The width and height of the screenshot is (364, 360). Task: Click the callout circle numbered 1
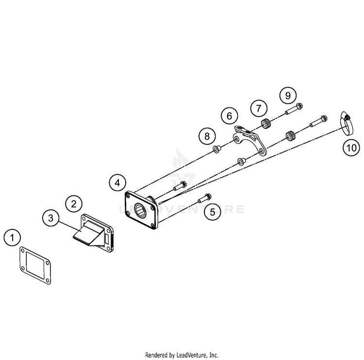[13, 238]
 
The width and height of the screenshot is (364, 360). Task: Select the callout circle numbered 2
[74, 203]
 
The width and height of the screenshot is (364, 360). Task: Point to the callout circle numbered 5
[211, 211]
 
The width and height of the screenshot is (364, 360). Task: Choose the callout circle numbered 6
[230, 116]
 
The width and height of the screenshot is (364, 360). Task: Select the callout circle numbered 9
[288, 95]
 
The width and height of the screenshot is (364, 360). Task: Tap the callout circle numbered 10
[351, 146]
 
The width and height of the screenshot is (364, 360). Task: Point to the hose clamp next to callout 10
[346, 123]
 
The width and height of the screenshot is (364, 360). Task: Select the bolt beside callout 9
[293, 109]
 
